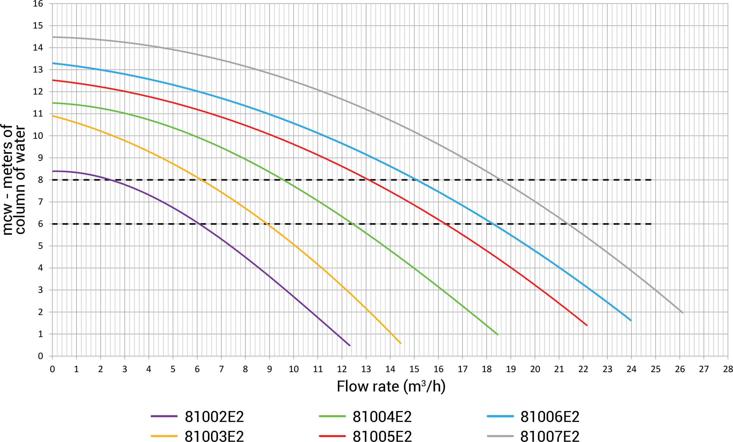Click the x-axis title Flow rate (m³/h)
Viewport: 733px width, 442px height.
click(x=391, y=386)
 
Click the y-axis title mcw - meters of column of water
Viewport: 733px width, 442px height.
click(x=13, y=180)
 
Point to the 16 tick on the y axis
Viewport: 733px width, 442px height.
click(x=38, y=4)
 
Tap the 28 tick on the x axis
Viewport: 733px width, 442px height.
click(x=728, y=369)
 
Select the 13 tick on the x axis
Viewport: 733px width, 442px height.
click(x=366, y=369)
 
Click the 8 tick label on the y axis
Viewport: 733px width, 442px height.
click(x=40, y=180)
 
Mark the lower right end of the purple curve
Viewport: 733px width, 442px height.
click(x=350, y=346)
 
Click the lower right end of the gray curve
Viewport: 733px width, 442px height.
click(x=682, y=312)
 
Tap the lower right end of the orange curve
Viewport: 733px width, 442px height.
click(x=401, y=343)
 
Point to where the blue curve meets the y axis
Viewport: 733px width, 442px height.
click(x=53, y=63)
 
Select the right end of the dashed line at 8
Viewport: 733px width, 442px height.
click(x=651, y=180)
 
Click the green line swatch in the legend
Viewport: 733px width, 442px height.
click(x=332, y=416)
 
